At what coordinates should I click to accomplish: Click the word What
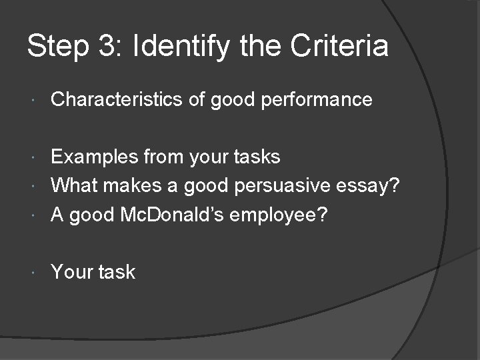coord(74,185)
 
